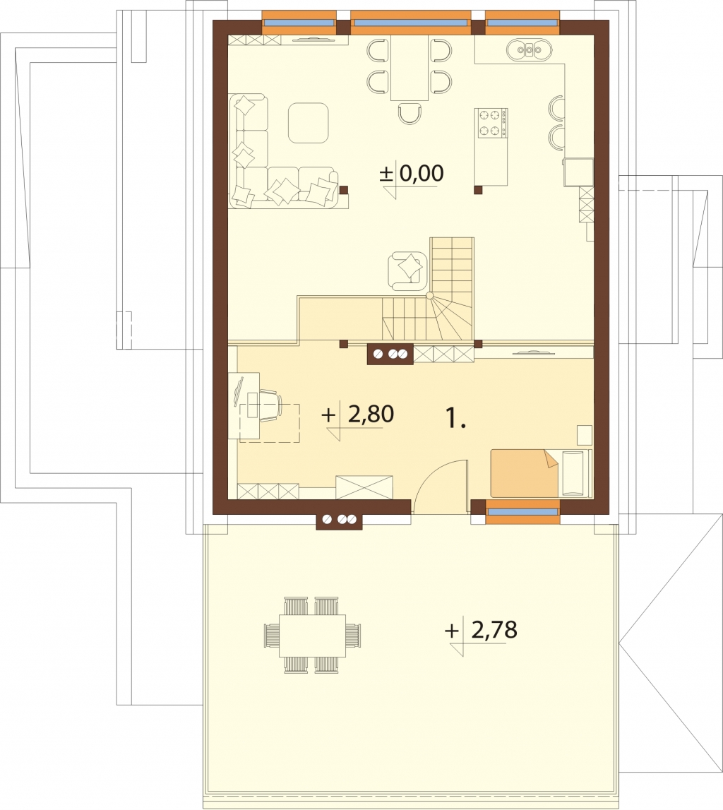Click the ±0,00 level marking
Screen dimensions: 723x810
pos(412,174)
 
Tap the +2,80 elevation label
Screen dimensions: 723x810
pos(357,415)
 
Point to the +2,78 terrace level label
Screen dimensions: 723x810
pos(481,630)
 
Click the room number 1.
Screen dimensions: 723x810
pos(455,418)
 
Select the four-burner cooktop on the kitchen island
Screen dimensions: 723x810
pos(491,124)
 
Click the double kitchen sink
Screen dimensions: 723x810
pos(530,50)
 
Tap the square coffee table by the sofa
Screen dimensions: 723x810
pos(309,122)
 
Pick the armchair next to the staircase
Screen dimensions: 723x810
pos(408,270)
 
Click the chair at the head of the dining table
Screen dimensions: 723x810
pos(410,113)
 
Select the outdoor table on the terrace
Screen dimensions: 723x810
pos(313,636)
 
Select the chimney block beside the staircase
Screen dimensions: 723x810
pos(390,355)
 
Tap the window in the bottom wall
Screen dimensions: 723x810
pos(523,511)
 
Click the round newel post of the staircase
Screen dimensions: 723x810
pos(430,296)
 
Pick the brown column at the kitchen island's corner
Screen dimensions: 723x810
pos(478,189)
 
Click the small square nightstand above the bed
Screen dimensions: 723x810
pos(584,435)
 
